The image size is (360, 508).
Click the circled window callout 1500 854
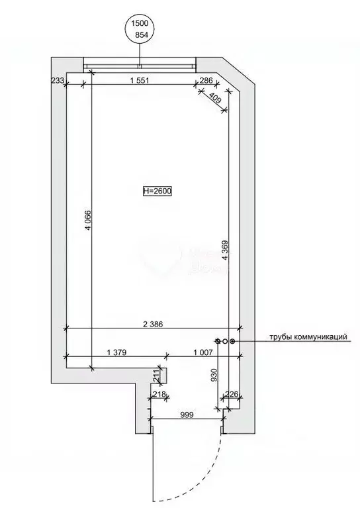tap(140, 30)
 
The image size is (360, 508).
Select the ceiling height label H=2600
tap(157, 191)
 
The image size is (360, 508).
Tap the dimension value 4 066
tap(88, 221)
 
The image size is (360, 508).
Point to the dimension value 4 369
tap(225, 250)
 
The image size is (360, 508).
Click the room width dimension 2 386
tap(152, 324)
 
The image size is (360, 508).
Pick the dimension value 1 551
tap(140, 80)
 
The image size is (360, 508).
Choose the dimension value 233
tap(58, 80)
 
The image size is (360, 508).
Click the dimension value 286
tap(206, 80)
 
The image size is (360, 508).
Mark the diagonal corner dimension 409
tap(215, 97)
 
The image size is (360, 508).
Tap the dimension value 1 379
tap(116, 352)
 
